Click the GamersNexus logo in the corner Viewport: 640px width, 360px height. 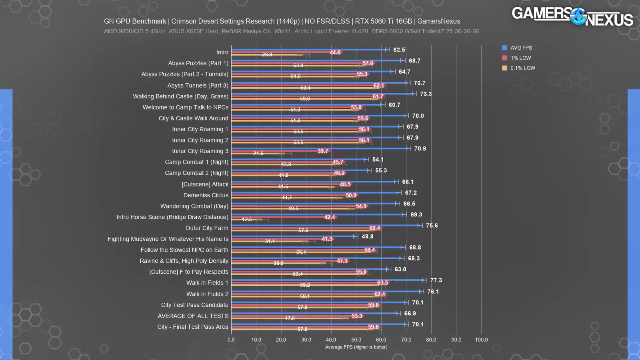tap(572, 16)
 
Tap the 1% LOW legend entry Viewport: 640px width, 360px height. tap(520, 58)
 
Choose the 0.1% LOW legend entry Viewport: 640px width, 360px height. tap(522, 68)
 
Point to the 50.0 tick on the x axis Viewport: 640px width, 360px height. tap(356, 340)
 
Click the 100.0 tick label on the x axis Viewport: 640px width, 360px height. tap(481, 340)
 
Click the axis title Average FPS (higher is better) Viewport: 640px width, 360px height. tap(356, 347)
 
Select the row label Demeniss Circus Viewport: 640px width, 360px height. tap(206, 195)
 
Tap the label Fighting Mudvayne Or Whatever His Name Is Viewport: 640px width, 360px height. tap(168, 239)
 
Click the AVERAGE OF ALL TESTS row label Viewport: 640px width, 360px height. tap(193, 316)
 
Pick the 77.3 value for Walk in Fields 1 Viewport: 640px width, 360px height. tap(436, 280)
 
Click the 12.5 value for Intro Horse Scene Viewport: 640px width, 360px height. tap(247, 219)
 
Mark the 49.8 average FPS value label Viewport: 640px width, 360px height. tap(367, 236)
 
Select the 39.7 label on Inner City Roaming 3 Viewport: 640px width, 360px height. tap(323, 151)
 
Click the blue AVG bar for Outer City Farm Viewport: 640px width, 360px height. tap(324, 226)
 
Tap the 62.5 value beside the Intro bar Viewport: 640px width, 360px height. tap(399, 50)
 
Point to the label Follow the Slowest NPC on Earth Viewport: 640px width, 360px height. tap(184, 250)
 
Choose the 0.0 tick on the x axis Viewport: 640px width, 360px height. tap(231, 340)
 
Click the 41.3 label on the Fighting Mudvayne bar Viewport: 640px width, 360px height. tap(327, 239)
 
